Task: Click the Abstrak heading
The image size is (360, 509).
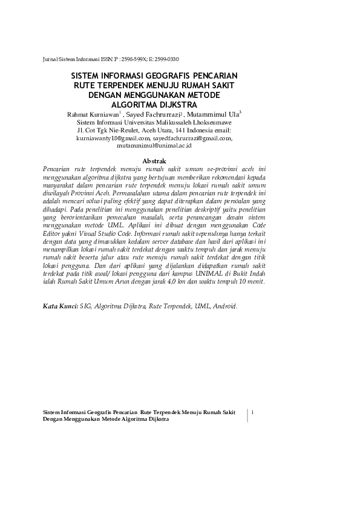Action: click(154, 161)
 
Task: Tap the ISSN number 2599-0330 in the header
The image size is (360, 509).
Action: click(165, 59)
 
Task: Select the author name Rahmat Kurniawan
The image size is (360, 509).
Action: click(93, 114)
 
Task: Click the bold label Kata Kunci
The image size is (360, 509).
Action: click(60, 306)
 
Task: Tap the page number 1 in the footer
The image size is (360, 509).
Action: click(252, 412)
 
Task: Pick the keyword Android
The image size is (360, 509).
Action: click(225, 306)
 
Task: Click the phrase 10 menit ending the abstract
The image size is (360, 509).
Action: click(252, 282)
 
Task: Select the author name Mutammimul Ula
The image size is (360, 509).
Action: click(212, 114)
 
